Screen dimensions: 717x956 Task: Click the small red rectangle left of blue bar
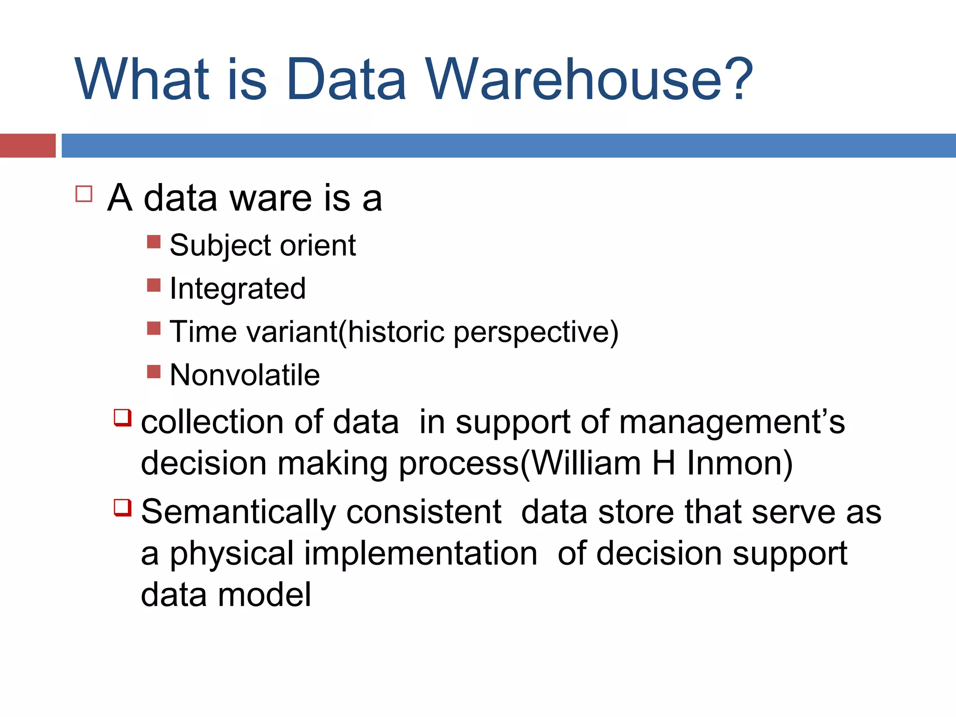[x=28, y=146]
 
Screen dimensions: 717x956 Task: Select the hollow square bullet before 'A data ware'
[x=84, y=194]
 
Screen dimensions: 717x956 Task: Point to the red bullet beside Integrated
[x=154, y=285]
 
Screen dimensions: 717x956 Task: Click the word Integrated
[x=238, y=288]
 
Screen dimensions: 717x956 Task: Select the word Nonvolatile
[x=245, y=375]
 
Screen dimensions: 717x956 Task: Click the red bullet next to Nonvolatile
[x=154, y=372]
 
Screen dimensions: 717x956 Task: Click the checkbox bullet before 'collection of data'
[x=123, y=417]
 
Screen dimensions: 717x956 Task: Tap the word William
[x=586, y=464]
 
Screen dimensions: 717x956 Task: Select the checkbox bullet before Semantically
[x=123, y=507]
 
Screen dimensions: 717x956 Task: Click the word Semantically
[x=238, y=513]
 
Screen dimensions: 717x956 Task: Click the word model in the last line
[x=264, y=595]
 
